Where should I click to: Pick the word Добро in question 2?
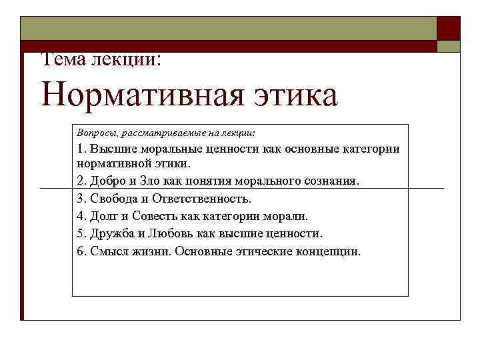pyautogui.click(x=108, y=181)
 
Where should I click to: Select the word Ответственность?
pyautogui.click(x=202, y=199)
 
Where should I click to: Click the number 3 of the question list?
pyautogui.click(x=80, y=199)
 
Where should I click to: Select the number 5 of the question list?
pyautogui.click(x=80, y=234)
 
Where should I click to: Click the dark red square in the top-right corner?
pyautogui.click(x=448, y=28)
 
